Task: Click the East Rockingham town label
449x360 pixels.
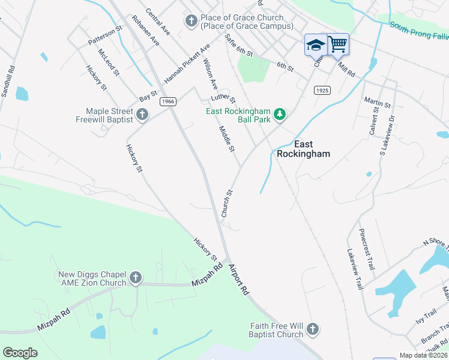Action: [303, 148]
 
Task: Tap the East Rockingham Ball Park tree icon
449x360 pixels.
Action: [279, 113]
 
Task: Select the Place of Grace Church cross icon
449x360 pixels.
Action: [191, 22]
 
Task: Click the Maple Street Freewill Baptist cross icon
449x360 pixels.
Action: [142, 114]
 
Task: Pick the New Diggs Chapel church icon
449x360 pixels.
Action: [136, 278]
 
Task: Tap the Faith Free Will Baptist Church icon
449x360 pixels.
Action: [312, 329]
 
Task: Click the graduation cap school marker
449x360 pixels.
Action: [316, 44]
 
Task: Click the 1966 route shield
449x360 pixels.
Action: [168, 102]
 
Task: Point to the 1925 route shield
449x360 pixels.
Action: [322, 89]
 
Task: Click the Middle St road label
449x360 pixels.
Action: [226, 139]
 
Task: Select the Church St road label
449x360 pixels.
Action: [226, 203]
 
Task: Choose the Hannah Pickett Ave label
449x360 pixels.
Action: [187, 63]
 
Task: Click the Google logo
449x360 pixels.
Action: [20, 353]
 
